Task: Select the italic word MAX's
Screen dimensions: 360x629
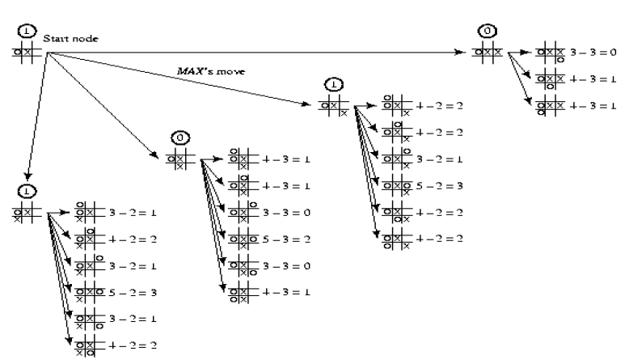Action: pos(193,70)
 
